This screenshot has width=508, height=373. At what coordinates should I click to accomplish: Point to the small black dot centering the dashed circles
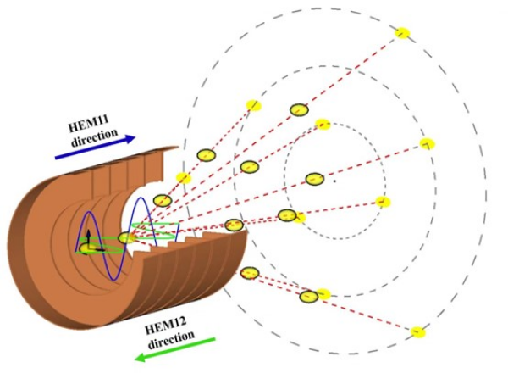(x=334, y=180)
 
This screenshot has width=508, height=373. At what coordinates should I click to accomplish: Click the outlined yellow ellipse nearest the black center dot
(x=314, y=178)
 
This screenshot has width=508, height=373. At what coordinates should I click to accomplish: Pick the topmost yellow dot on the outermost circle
(x=403, y=33)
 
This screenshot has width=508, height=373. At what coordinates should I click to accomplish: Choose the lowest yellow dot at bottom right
(x=417, y=331)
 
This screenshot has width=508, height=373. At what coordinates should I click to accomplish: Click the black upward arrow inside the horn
(x=87, y=237)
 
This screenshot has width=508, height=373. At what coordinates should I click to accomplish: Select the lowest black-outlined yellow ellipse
(x=309, y=296)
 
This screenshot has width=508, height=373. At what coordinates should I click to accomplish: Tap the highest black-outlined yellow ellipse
(x=299, y=109)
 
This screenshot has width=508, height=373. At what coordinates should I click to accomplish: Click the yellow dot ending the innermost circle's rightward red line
(x=383, y=202)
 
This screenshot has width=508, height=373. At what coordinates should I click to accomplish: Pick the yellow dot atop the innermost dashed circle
(x=323, y=125)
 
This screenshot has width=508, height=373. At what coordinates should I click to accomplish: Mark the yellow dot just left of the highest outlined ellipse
(x=252, y=104)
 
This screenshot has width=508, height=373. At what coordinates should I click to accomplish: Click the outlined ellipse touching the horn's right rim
(x=235, y=225)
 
